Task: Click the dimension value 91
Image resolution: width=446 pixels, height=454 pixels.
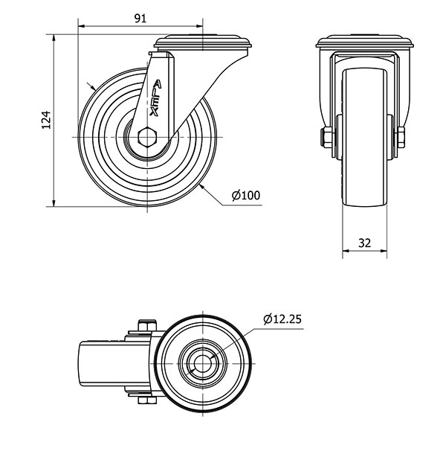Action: point(140,19)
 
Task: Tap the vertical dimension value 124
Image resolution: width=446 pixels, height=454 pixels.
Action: point(46,120)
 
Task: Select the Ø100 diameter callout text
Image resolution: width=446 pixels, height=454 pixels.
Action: point(246,196)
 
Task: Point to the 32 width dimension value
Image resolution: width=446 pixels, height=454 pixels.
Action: point(364,243)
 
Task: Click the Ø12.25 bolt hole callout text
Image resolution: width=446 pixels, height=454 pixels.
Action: point(282,319)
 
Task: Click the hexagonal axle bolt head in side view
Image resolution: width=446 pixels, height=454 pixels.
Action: point(147,137)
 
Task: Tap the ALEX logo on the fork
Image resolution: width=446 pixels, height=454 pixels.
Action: point(155,97)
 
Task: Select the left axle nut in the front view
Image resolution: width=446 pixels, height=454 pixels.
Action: point(326,137)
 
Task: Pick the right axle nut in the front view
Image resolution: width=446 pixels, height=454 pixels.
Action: point(401,137)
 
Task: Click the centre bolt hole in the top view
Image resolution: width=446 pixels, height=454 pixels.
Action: point(202,363)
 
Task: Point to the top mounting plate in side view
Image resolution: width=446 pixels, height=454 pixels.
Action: point(203,42)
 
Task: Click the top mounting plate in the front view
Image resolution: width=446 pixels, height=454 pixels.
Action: point(365,42)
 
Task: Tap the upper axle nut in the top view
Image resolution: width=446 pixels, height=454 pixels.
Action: point(147,325)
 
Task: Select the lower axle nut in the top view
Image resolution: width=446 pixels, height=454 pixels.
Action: point(147,400)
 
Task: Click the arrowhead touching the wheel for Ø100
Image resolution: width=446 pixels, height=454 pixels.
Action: point(202,187)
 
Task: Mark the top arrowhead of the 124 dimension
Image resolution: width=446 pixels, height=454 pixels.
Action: point(54,38)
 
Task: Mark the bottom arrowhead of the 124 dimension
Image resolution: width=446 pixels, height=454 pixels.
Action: point(54,203)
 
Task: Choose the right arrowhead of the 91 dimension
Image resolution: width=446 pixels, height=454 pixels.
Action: point(199,26)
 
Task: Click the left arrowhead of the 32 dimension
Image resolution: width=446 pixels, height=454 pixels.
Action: point(346,251)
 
